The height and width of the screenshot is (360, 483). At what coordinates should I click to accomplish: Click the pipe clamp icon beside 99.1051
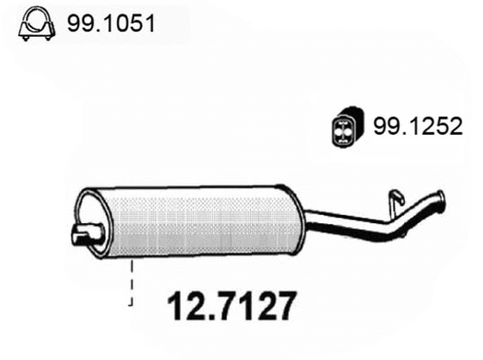[34, 25]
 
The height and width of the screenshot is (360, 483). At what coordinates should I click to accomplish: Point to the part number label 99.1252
[410, 128]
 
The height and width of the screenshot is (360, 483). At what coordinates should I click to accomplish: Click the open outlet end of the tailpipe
[441, 199]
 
